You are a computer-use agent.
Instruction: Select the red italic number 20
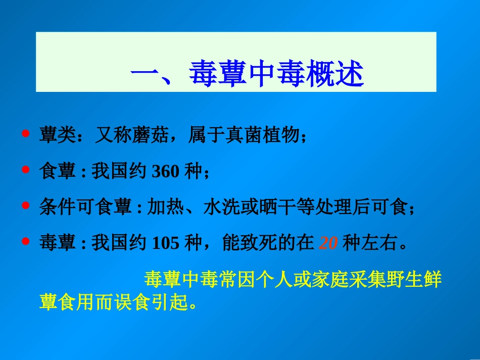[x=328, y=244]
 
